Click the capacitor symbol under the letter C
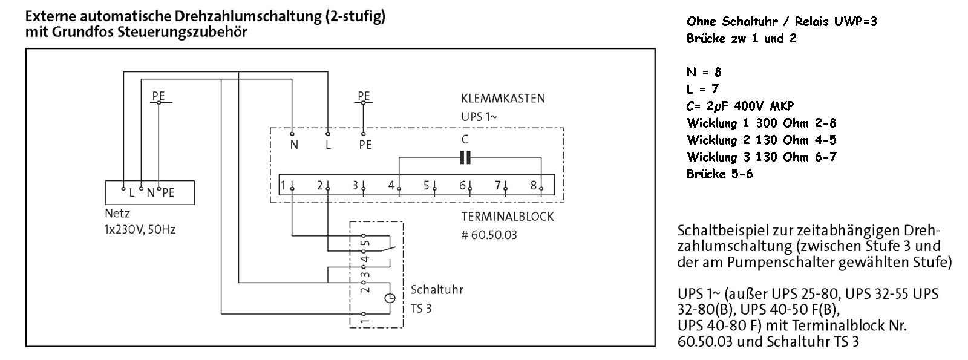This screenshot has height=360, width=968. [465, 158]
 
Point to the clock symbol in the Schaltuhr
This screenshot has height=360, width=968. [390, 298]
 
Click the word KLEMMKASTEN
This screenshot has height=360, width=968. [503, 98]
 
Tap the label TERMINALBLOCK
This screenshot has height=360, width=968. [507, 217]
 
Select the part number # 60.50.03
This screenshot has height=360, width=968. [489, 235]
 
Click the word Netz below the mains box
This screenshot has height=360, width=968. [117, 214]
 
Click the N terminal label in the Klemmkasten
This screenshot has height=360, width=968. [294, 145]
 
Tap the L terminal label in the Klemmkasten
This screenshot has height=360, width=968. [328, 145]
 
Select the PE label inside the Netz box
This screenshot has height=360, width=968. [168, 192]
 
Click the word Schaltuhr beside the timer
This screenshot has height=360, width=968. [437, 290]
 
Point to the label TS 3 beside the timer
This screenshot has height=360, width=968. [421, 309]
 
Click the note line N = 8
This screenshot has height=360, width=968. [704, 73]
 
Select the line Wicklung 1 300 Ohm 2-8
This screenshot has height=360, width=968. [761, 123]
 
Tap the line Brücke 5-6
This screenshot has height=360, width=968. [719, 174]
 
